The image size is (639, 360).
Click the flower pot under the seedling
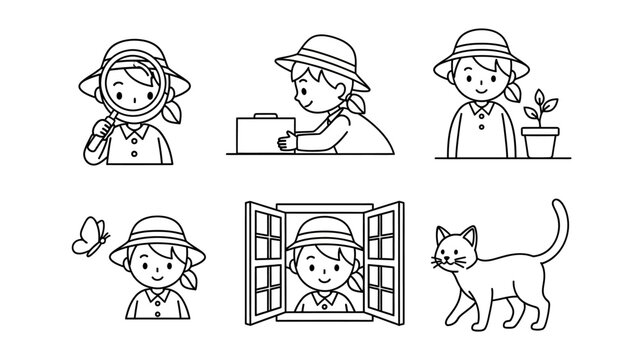(538, 141)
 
